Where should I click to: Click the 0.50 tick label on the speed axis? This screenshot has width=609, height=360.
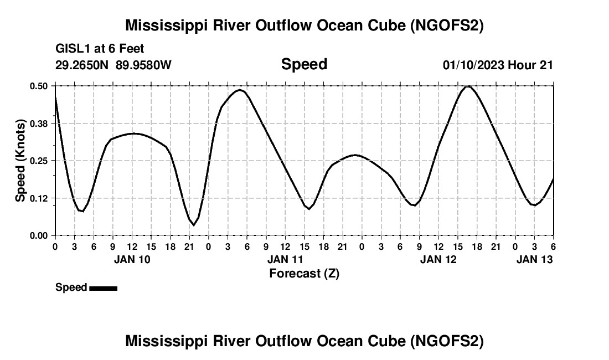(39, 86)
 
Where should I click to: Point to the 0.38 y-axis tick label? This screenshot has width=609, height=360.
(39, 123)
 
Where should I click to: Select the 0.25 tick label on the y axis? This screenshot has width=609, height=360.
(39, 161)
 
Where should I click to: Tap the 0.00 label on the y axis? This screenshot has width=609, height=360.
(39, 235)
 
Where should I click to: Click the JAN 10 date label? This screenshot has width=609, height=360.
(132, 259)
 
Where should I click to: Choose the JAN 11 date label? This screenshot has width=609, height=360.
(285, 259)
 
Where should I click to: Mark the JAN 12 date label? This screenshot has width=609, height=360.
(438, 259)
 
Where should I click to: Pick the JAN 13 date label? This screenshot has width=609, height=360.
(534, 259)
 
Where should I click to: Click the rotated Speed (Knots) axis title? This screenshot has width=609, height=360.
(20, 161)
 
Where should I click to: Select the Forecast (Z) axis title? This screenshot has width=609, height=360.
(304, 273)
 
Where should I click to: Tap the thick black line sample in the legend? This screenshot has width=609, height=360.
(103, 288)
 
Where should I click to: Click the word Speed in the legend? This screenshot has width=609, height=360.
(71, 287)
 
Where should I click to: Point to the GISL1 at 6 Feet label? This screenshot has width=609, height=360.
(100, 49)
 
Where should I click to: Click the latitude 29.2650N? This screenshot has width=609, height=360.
(82, 65)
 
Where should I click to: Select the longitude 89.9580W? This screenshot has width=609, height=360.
(143, 65)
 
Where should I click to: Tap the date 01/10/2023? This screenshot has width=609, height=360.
(473, 65)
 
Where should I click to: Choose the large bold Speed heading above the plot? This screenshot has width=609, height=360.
(304, 64)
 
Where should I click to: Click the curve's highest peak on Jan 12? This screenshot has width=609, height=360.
(468, 86)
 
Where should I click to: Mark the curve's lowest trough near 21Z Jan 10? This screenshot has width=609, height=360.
(193, 225)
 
